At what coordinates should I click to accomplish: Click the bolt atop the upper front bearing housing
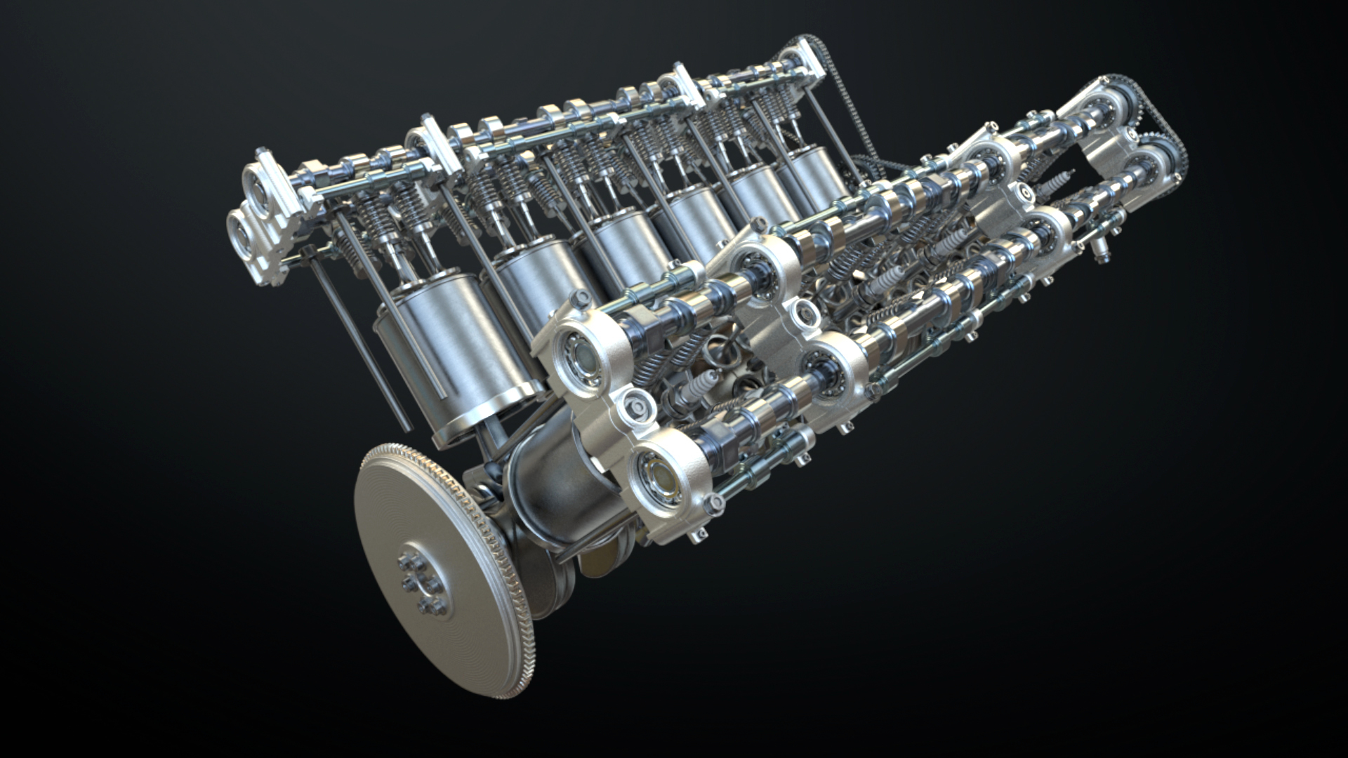point(581,298)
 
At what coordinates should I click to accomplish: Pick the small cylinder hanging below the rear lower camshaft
point(1097,246)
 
